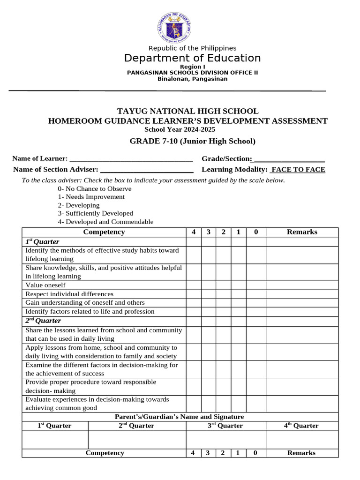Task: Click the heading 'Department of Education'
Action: tap(192, 58)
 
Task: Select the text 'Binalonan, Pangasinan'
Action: tap(192, 79)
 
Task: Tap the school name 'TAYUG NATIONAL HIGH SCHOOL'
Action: tap(187, 111)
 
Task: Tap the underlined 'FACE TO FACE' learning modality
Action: tap(298, 170)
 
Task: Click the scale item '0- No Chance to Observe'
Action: tap(95, 188)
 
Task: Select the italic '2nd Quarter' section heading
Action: tap(43, 321)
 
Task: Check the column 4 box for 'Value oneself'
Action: tap(194, 285)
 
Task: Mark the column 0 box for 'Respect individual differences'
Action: tap(256, 294)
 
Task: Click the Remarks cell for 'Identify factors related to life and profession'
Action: tap(302, 311)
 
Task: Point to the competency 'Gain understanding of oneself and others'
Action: tap(85, 303)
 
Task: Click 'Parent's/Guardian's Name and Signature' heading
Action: tap(180, 417)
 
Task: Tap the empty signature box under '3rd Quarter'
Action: tap(226, 439)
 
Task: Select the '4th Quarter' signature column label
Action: tap(302, 426)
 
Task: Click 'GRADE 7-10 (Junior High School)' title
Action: tap(192, 141)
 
